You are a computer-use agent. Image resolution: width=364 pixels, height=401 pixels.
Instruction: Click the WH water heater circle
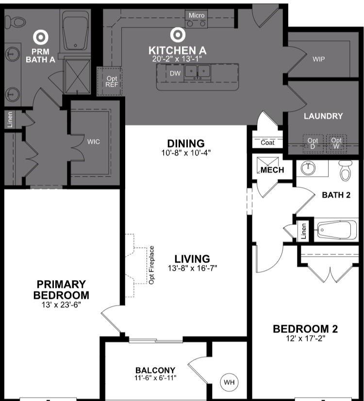tap(229, 383)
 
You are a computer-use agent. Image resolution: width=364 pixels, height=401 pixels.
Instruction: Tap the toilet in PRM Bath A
tap(15, 22)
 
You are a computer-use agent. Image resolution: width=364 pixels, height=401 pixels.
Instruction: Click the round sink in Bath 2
tap(308, 168)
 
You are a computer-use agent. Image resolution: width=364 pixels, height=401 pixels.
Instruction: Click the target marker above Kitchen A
tap(178, 35)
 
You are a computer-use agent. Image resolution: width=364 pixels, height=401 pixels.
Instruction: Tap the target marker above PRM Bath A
tap(41, 37)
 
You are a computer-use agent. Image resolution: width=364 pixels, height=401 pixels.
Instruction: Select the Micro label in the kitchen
tap(197, 16)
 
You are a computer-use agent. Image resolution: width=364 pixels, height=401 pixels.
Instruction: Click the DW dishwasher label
tap(175, 73)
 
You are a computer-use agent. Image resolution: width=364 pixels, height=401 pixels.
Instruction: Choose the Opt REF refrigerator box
tap(110, 81)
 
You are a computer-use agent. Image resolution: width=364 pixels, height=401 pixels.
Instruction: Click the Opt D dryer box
tap(313, 144)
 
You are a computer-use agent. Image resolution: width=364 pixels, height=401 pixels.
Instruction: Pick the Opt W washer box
tap(336, 144)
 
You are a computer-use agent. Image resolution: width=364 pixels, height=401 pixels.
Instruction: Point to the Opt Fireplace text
tap(151, 265)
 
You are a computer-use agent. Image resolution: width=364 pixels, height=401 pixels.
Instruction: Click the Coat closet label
tap(267, 143)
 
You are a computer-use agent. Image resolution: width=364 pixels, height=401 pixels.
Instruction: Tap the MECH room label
tap(272, 170)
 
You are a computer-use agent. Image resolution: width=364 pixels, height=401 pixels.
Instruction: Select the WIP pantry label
tap(319, 59)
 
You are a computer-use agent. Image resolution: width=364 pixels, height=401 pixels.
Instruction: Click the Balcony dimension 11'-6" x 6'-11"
tap(155, 378)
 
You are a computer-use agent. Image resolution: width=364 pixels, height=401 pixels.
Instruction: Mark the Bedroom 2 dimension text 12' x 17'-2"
tap(305, 338)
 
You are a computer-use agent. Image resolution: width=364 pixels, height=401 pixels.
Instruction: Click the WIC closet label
tap(94, 142)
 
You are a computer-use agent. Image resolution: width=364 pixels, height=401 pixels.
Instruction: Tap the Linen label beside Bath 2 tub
tap(304, 231)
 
